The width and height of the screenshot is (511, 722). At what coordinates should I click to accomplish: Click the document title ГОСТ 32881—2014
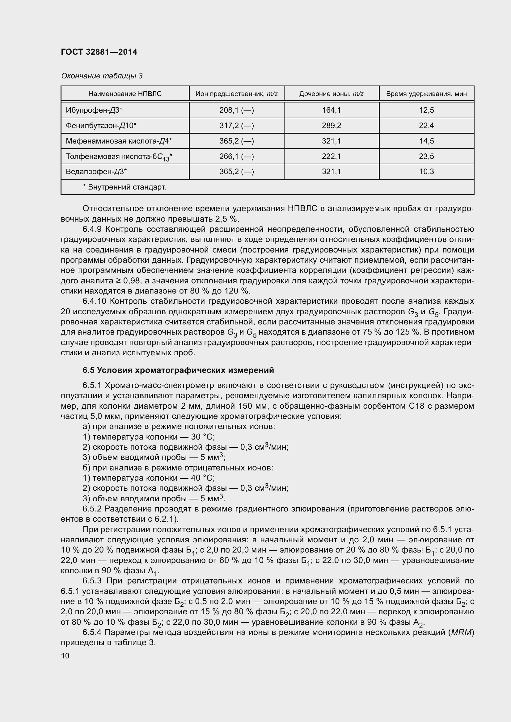(x=99, y=52)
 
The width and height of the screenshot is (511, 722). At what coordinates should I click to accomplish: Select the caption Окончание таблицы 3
(x=102, y=76)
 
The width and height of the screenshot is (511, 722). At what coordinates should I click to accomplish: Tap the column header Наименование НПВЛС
(x=125, y=94)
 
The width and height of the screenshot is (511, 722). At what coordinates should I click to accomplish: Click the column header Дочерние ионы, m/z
(x=331, y=94)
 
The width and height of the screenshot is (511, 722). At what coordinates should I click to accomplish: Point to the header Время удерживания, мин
(x=426, y=94)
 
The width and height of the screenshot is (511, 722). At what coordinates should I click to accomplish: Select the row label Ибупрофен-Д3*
(x=94, y=110)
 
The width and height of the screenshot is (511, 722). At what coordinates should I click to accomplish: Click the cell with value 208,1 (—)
(x=236, y=110)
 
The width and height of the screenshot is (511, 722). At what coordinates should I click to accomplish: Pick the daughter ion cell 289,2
(x=331, y=125)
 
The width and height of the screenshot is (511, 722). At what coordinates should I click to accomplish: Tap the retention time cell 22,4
(x=426, y=125)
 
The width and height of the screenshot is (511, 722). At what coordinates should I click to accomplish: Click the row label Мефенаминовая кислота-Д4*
(x=119, y=141)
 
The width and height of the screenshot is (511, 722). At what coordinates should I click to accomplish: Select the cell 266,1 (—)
(x=236, y=156)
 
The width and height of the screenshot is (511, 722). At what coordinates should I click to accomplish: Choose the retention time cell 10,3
(x=426, y=171)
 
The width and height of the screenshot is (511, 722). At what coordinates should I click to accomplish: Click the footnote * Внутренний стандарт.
(x=124, y=187)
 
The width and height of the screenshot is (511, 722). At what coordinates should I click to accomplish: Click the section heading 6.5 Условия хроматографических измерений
(x=178, y=370)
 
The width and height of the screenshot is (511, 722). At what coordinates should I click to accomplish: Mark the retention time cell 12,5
(x=426, y=110)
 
